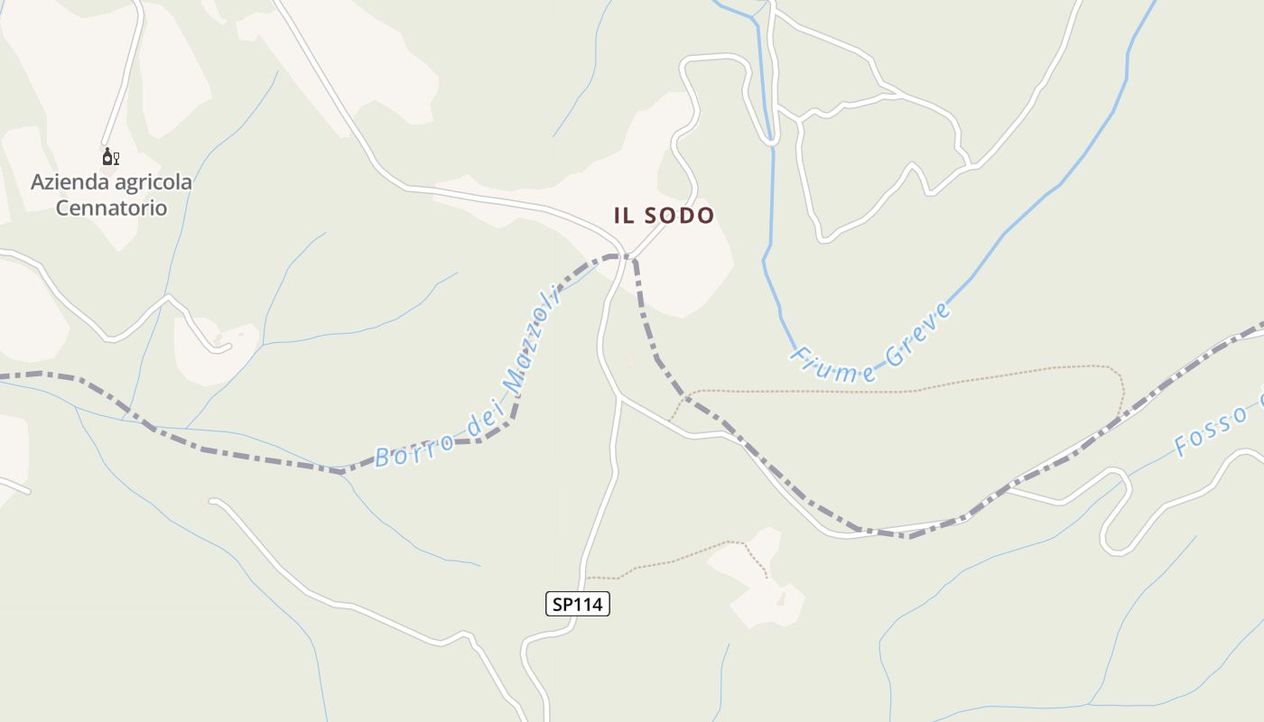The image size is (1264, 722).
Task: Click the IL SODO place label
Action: [x=664, y=216]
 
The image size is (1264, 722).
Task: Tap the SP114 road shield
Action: [x=578, y=605]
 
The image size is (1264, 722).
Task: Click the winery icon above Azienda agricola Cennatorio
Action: [x=110, y=157]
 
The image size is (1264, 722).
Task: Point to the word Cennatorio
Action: [x=111, y=208]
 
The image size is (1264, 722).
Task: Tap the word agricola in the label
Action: [x=151, y=182]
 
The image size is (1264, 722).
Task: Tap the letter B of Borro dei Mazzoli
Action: [x=383, y=458]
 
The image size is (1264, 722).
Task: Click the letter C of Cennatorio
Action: [x=62, y=208]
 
